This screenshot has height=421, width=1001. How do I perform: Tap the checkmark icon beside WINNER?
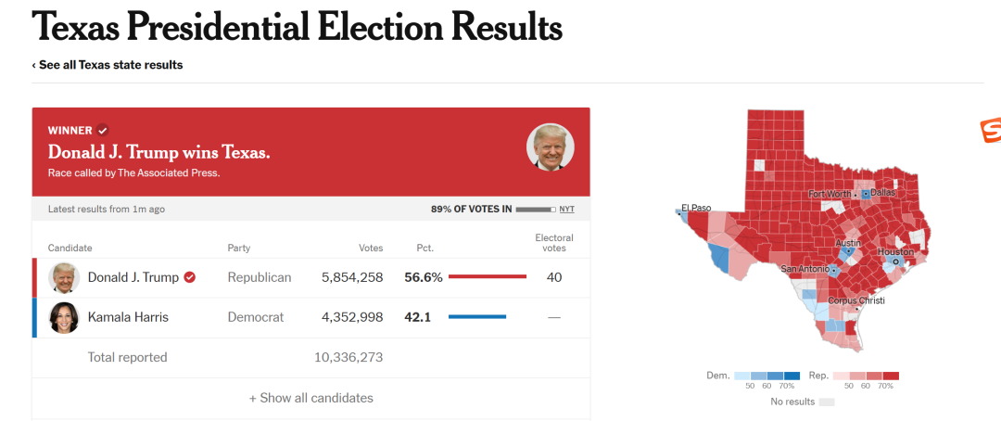point(103,131)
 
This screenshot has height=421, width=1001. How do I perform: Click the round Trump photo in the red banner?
point(551,147)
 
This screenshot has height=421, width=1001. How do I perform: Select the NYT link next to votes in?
point(567,209)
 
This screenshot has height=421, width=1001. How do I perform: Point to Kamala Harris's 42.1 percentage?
point(417,317)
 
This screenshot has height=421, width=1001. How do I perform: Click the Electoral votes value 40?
point(554,277)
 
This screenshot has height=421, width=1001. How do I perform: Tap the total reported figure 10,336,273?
point(348,357)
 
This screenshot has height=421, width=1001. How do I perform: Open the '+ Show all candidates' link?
point(310,398)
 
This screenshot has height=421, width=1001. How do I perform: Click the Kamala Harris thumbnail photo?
point(64,317)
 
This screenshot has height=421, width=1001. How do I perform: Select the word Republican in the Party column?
point(260,277)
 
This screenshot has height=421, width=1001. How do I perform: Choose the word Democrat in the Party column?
point(256,317)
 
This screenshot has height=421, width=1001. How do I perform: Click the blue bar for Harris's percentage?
point(477,316)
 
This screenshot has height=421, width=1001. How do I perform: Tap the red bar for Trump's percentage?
point(488,276)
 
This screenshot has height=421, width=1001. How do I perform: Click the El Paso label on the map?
point(696,208)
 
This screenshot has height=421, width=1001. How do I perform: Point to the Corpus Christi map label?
point(856,300)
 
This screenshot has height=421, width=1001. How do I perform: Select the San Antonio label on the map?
point(805,269)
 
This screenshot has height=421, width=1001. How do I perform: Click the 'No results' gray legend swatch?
point(827,402)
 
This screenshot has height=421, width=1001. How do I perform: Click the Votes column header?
point(371,248)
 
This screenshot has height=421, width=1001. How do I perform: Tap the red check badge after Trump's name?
point(190,277)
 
